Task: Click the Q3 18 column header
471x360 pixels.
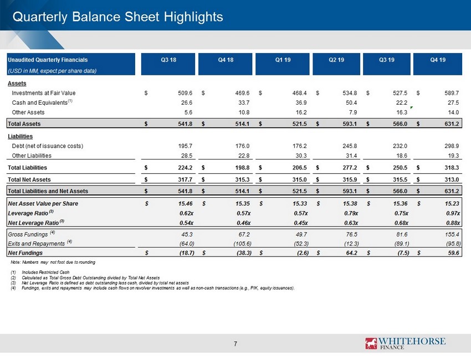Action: point(168,60)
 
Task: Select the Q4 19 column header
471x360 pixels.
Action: point(438,60)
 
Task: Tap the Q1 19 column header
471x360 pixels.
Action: point(283,60)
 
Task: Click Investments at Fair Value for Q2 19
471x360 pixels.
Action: point(350,93)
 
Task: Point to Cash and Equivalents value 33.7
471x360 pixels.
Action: point(244,102)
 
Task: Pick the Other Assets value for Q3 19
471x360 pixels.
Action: point(402,112)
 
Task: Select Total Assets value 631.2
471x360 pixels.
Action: point(452,124)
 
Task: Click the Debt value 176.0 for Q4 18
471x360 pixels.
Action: point(242,146)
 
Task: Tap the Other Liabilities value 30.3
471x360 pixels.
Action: point(301,156)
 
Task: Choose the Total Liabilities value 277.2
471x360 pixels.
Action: point(350,168)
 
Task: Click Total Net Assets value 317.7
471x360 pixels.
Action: point(185,179)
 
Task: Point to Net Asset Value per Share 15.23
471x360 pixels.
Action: point(452,204)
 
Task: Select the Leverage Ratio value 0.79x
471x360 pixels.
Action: point(351,213)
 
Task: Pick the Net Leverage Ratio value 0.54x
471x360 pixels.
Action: point(186,223)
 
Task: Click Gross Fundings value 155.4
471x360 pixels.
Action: point(453,234)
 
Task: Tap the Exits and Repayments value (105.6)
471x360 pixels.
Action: point(242,244)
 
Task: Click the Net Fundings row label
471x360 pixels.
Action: point(25,253)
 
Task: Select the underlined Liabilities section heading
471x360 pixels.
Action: point(20,136)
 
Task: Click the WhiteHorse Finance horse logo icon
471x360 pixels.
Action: point(371,343)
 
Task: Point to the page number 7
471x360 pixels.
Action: point(235,344)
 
